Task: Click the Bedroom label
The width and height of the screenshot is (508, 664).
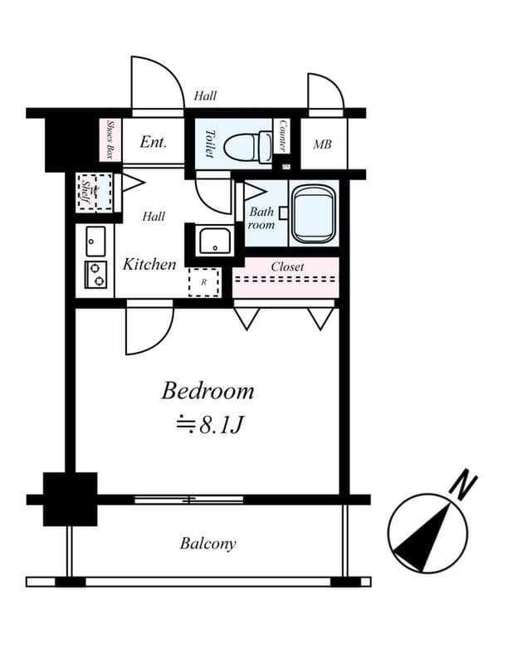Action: click(208, 390)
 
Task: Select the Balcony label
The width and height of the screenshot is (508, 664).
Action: click(208, 544)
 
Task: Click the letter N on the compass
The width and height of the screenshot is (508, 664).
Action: click(466, 485)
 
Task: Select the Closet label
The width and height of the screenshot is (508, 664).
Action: click(287, 267)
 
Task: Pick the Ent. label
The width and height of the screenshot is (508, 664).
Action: click(153, 142)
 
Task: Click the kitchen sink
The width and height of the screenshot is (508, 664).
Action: click(95, 241)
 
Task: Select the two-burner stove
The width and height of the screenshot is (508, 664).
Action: click(95, 274)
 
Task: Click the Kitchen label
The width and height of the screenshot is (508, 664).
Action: click(149, 265)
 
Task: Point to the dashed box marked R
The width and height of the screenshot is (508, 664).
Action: click(203, 282)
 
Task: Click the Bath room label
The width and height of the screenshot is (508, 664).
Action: click(261, 218)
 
